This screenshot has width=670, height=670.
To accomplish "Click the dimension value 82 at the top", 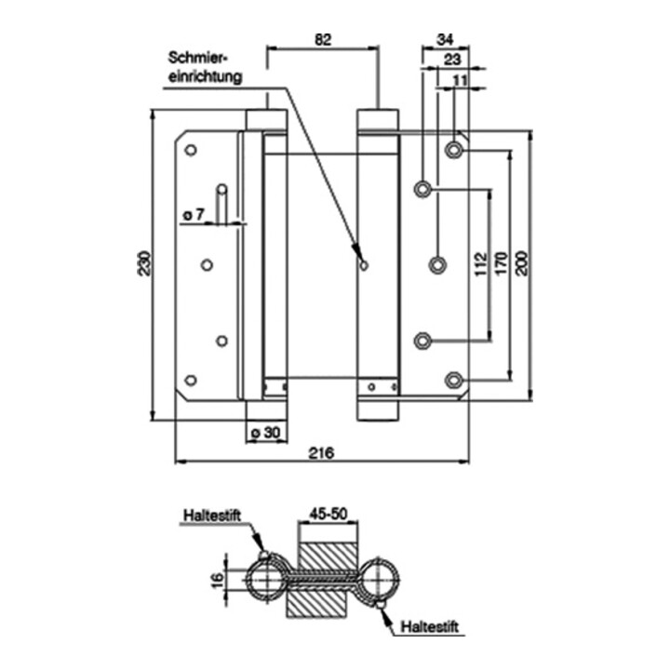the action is point(323,40).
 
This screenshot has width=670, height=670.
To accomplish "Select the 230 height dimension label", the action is point(144,263).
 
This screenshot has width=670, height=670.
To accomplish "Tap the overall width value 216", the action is point(321,453).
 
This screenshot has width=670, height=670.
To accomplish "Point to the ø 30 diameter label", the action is point(266,433).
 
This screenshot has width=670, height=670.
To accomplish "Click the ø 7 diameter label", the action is point(194,215).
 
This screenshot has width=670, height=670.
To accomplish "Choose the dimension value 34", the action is point(445,39).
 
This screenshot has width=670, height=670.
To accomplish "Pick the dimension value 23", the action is point(452,60).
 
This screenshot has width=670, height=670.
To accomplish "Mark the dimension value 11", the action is point(460,80).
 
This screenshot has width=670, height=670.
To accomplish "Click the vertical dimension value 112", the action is point(481,264).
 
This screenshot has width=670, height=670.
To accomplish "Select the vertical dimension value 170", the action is point(502,263).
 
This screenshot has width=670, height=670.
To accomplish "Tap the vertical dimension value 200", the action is point(522,263).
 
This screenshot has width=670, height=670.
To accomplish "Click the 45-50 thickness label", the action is point(328,514).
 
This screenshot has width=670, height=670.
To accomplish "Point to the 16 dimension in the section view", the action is point(218,581).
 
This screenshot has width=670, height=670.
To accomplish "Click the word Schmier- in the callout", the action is point(198,58).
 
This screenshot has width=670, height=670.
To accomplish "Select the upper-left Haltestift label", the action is point(212,515).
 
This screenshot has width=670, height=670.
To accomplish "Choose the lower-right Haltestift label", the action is point(429,627).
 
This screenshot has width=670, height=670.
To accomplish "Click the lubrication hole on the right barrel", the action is point(364,266).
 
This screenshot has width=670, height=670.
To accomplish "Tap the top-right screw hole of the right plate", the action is point(454,150).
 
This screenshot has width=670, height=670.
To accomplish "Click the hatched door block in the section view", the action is point(322,580).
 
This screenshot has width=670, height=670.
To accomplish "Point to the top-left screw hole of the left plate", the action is point(191,150).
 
